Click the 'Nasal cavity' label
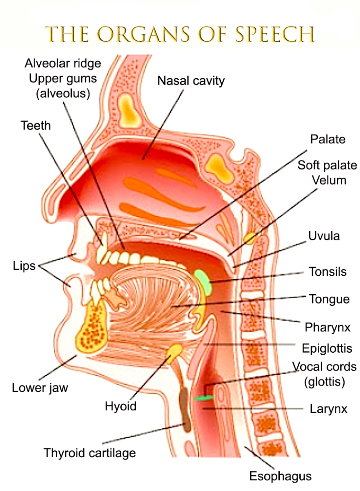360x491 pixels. pyautogui.click(x=191, y=80)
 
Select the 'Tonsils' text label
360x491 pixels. pyautogui.click(x=328, y=272)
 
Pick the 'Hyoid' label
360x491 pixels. pyautogui.click(x=121, y=406)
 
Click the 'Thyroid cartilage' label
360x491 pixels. pyautogui.click(x=90, y=453)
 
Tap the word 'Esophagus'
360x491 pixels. pyautogui.click(x=281, y=476)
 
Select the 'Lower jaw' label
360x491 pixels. pyautogui.click(x=40, y=388)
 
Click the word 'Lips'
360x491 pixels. pyautogui.click(x=23, y=267)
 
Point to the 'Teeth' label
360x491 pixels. pyautogui.click(x=35, y=126)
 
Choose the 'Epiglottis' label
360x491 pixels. pyautogui.click(x=327, y=348)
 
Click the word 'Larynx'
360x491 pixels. pyautogui.click(x=328, y=409)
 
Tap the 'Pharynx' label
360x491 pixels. pyautogui.click(x=328, y=327)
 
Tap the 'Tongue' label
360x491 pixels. pyautogui.click(x=329, y=299)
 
